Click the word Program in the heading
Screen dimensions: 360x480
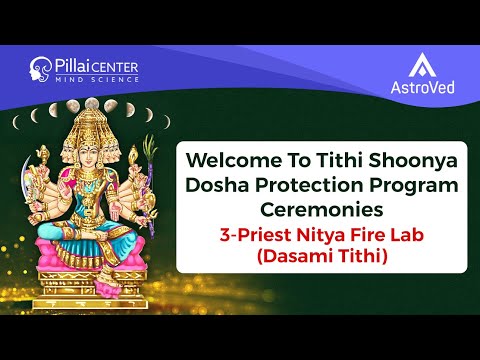411,186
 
